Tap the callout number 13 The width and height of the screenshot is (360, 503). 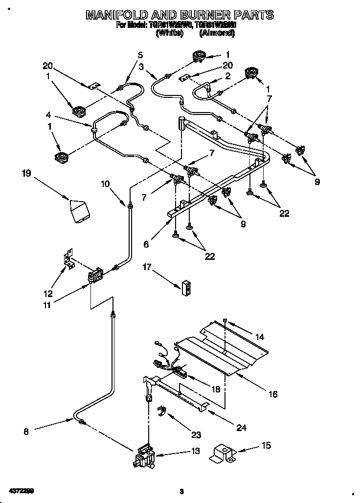click(x=195, y=452)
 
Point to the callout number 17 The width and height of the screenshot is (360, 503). click(x=147, y=267)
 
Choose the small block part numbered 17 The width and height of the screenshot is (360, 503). click(x=185, y=288)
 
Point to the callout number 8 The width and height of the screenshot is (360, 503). click(x=26, y=431)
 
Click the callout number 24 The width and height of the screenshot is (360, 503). click(x=241, y=427)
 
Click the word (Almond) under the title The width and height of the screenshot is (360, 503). click(x=217, y=33)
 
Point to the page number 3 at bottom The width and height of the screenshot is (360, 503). click(x=181, y=491)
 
